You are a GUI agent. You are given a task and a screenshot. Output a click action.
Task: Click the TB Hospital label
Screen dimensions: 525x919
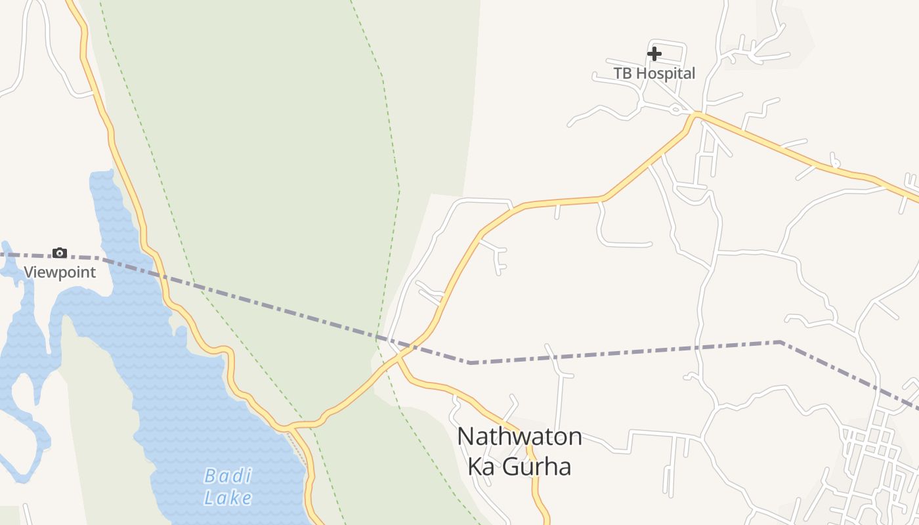tap(654, 73)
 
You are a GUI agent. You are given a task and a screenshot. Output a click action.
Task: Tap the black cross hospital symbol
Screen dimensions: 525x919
tap(654, 53)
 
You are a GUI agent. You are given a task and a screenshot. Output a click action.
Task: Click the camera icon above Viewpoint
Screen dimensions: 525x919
tap(60, 253)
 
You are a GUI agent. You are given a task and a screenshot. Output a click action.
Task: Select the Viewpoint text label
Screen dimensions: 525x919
tap(60, 272)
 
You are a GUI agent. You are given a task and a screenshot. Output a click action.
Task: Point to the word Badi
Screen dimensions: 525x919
tap(228, 475)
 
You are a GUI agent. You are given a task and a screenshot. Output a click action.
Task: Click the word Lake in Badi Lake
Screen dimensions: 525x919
tap(228, 497)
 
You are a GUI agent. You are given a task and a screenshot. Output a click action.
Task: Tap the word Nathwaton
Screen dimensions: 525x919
tap(519, 436)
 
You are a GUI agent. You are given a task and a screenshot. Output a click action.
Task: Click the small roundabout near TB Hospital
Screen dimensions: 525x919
tap(675, 110)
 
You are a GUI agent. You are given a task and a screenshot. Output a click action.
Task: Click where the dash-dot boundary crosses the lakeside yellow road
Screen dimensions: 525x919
tap(161, 274)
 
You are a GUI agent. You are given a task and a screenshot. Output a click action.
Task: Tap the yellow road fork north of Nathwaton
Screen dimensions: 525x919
tap(398, 358)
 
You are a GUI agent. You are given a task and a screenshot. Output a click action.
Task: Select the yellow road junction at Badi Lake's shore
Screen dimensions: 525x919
tap(289, 428)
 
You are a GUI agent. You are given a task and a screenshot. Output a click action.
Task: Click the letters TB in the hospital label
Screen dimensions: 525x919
tap(622, 73)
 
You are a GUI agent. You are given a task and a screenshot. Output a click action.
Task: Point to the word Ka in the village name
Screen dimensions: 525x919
tap(481, 466)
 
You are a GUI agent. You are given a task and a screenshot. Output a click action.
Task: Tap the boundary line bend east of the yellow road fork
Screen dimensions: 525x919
tap(470, 362)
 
